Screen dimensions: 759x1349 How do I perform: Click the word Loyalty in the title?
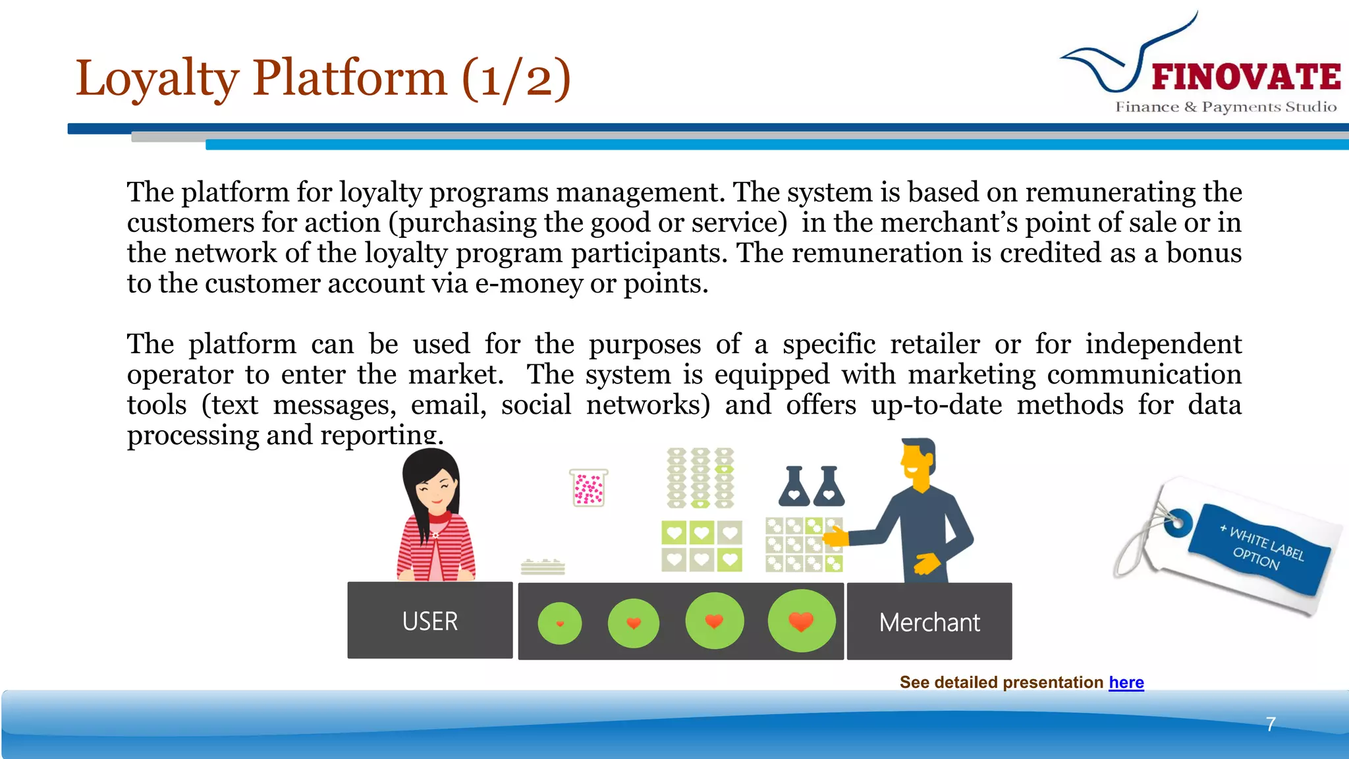point(157,78)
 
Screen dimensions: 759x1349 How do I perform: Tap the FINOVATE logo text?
point(1246,77)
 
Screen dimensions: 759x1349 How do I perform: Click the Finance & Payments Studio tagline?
point(1226,107)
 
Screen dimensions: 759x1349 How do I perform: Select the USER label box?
point(430,621)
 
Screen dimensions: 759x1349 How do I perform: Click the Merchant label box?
point(929,622)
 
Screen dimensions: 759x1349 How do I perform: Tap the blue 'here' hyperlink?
point(1126,682)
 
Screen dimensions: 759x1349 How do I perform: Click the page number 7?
point(1271,724)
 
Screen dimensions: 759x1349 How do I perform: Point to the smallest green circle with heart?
point(560,623)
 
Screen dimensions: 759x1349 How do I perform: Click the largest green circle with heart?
point(801,621)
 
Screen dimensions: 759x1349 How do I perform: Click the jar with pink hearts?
point(588,488)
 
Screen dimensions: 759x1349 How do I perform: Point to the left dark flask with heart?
point(794,487)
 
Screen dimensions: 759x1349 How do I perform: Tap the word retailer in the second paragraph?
point(935,344)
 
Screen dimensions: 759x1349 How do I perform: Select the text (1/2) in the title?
point(516,78)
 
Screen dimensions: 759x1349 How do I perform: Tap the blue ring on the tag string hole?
point(1177,524)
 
